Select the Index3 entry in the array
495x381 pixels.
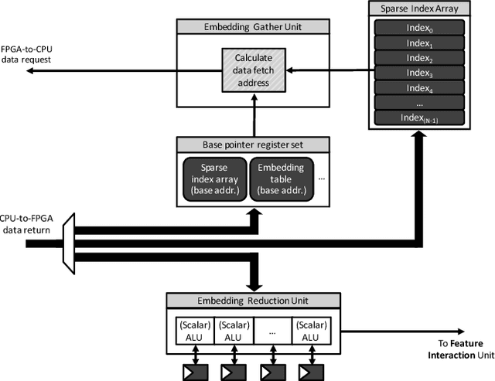pos(420,72)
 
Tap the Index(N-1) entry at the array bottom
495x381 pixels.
pos(420,117)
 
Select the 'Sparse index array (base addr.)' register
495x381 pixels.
pos(213,180)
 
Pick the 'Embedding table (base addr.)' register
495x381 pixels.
pos(281,180)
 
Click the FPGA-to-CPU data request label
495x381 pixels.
pos(31,54)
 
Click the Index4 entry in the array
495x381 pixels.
pos(420,87)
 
